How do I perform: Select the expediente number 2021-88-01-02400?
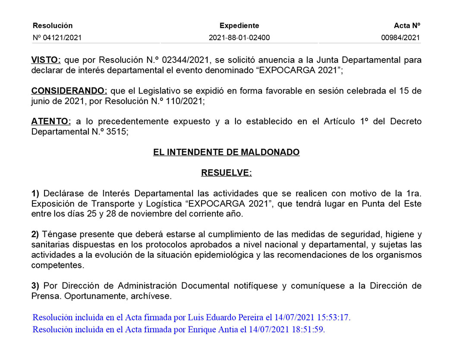click(239, 38)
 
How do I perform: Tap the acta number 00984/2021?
click(400, 38)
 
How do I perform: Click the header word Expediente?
click(239, 26)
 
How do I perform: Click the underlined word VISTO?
click(47, 60)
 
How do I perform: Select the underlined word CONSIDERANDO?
click(69, 91)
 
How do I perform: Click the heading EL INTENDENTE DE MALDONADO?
click(226, 152)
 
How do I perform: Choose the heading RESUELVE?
click(226, 173)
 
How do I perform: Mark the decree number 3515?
click(116, 132)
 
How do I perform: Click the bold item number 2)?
click(35, 234)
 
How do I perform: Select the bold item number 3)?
click(35, 286)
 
